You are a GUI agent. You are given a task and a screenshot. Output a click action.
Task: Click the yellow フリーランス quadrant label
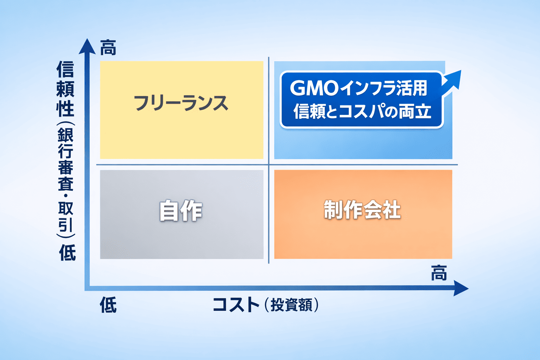tap(181, 103)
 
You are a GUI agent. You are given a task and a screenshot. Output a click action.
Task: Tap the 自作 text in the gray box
tap(181, 211)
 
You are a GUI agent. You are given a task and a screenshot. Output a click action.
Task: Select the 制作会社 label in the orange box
tap(362, 210)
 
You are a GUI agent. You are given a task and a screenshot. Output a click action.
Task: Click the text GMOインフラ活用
tap(358, 88)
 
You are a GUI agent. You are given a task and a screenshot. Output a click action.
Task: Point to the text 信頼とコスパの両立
tap(362, 111)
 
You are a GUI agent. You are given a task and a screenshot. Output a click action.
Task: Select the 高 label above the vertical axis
tap(108, 48)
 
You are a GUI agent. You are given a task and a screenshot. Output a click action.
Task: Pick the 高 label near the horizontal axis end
tap(439, 273)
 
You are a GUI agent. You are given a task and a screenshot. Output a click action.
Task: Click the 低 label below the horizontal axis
tap(108, 305)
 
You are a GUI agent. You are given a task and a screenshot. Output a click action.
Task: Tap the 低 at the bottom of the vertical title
tap(67, 252)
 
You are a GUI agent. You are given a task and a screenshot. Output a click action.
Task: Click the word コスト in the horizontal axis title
tap(236, 304)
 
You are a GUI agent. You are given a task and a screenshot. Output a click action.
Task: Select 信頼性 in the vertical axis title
tap(66, 89)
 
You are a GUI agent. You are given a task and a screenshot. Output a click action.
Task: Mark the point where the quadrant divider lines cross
tap(269, 165)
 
